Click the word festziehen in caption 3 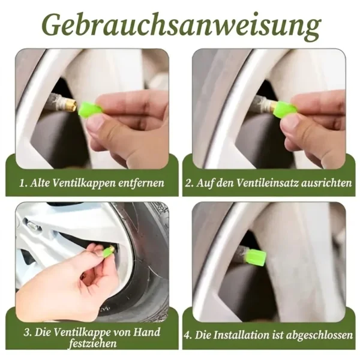pos(93,343)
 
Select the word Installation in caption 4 pos(241,335)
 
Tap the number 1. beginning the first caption pos(23,184)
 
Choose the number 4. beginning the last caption pos(188,335)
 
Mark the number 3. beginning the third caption pos(28,332)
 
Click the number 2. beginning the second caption pos(190,183)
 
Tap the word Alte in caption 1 pos(40,183)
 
